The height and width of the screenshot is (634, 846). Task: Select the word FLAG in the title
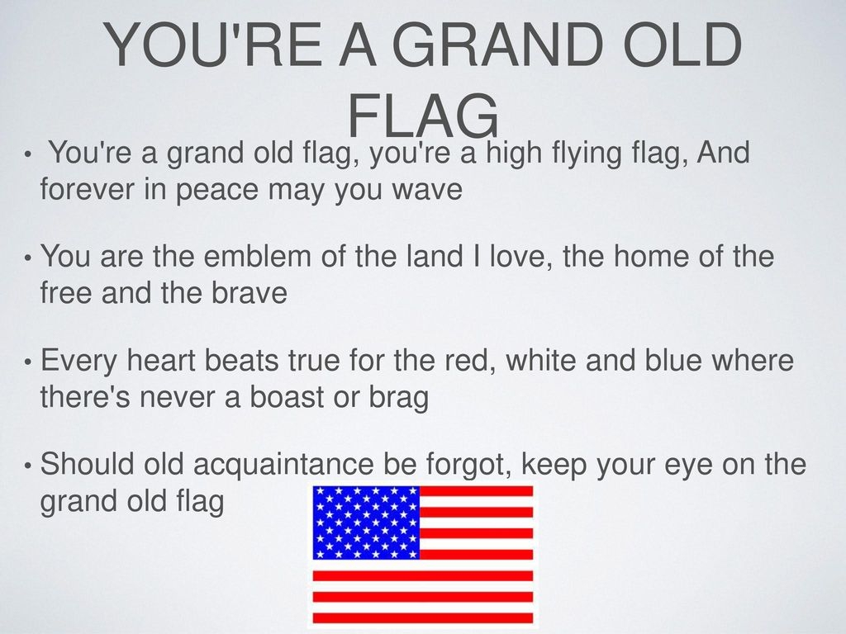pyautogui.click(x=423, y=116)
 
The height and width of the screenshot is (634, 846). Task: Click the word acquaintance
pyautogui.click(x=283, y=465)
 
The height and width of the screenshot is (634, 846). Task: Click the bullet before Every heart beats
pyautogui.click(x=27, y=362)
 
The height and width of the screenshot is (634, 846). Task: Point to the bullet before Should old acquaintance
pyautogui.click(x=27, y=466)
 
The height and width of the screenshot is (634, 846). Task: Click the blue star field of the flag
pyautogui.click(x=366, y=522)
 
